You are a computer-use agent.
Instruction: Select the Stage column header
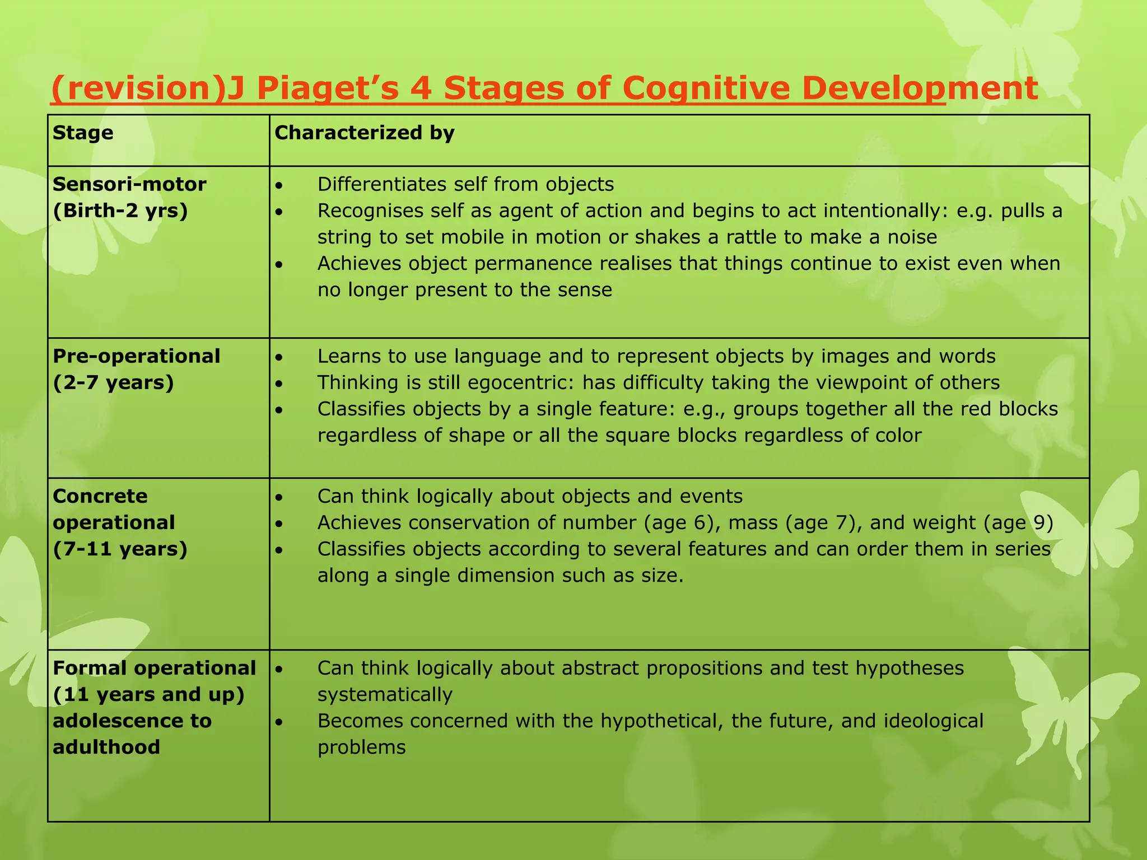coord(83,133)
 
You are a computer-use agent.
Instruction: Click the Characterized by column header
coord(364,133)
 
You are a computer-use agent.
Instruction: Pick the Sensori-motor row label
coord(129,184)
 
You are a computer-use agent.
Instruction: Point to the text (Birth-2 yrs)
coord(120,211)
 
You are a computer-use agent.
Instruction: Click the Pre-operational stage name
coord(136,356)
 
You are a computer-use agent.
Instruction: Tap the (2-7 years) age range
coord(114,382)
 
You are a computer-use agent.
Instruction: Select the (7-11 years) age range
coord(120,549)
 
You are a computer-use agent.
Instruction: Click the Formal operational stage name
coord(154,668)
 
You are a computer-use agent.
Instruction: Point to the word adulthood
coord(106,747)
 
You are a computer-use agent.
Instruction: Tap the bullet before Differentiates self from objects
coord(280,185)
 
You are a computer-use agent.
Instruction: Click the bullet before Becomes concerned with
coord(280,722)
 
